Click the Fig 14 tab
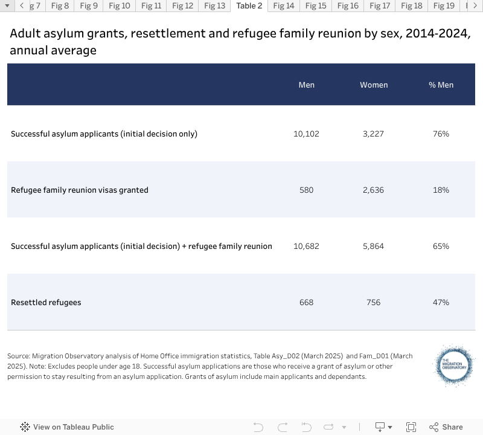283,6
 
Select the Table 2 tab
249,6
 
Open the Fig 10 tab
119,6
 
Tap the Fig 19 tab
443,6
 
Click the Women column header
374,85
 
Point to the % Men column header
441,85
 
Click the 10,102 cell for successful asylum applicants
306,134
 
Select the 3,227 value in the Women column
373,134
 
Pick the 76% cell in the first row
441,134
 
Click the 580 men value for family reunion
306,190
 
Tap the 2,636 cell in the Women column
373,190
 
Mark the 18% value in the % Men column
441,190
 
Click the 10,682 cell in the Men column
306,246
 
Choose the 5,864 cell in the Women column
373,246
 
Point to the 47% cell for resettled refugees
441,303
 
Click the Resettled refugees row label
46,303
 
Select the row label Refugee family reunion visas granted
80,190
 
